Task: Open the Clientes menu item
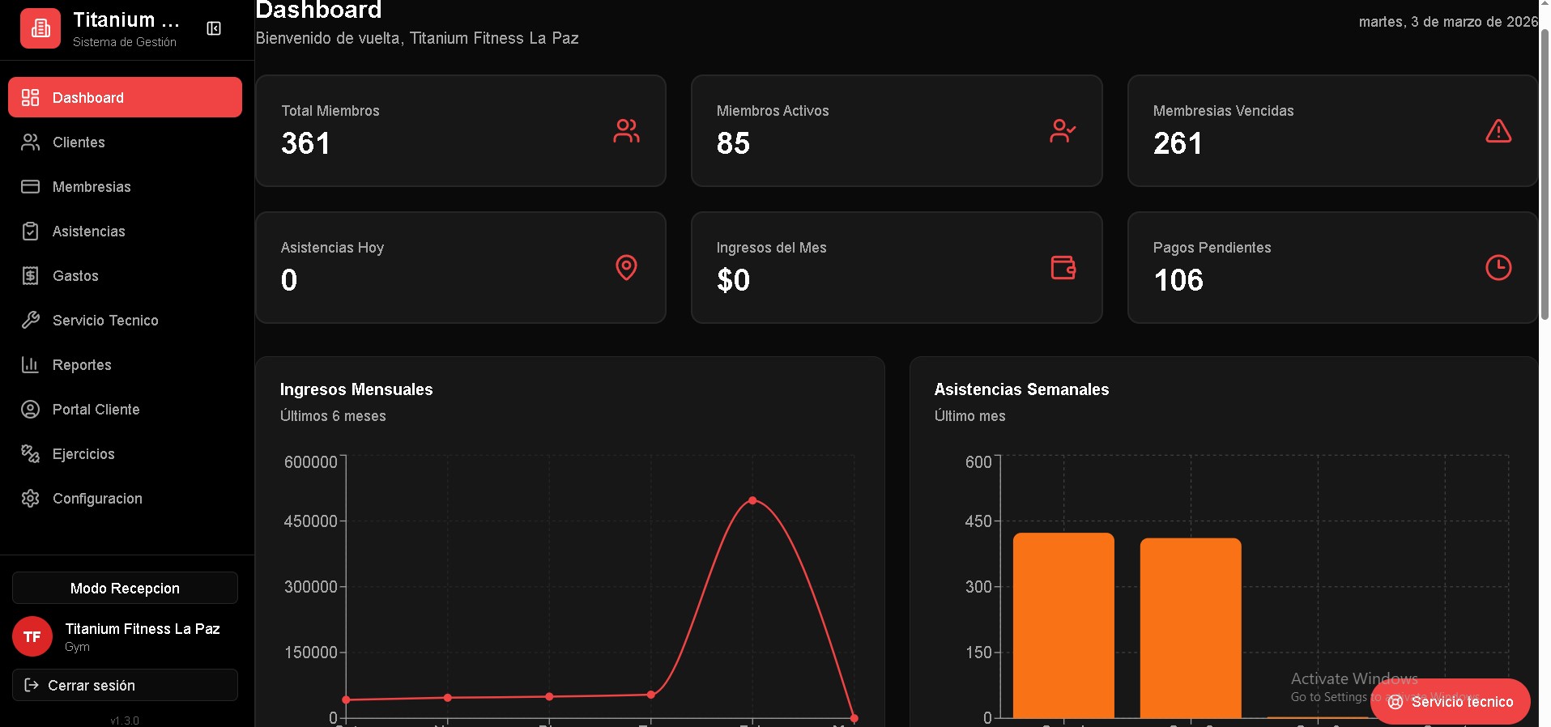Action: [79, 142]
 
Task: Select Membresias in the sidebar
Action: [91, 187]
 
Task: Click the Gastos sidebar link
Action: [75, 276]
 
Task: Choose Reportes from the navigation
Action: [82, 365]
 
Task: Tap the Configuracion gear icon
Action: [31, 499]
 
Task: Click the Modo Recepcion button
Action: [125, 589]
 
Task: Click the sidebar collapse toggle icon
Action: [214, 29]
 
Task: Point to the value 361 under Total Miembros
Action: [305, 144]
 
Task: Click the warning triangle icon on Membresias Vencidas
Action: [1498, 131]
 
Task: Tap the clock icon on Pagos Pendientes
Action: [1498, 268]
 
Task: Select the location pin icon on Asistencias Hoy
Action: [626, 267]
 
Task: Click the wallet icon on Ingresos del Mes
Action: [1063, 267]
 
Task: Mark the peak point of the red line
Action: [752, 500]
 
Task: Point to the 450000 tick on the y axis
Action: [310, 521]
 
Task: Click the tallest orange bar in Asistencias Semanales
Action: [1063, 623]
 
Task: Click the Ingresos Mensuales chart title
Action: [356, 389]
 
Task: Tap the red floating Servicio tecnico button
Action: [1450, 702]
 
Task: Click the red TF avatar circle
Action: [32, 637]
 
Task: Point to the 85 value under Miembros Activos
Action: [733, 144]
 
